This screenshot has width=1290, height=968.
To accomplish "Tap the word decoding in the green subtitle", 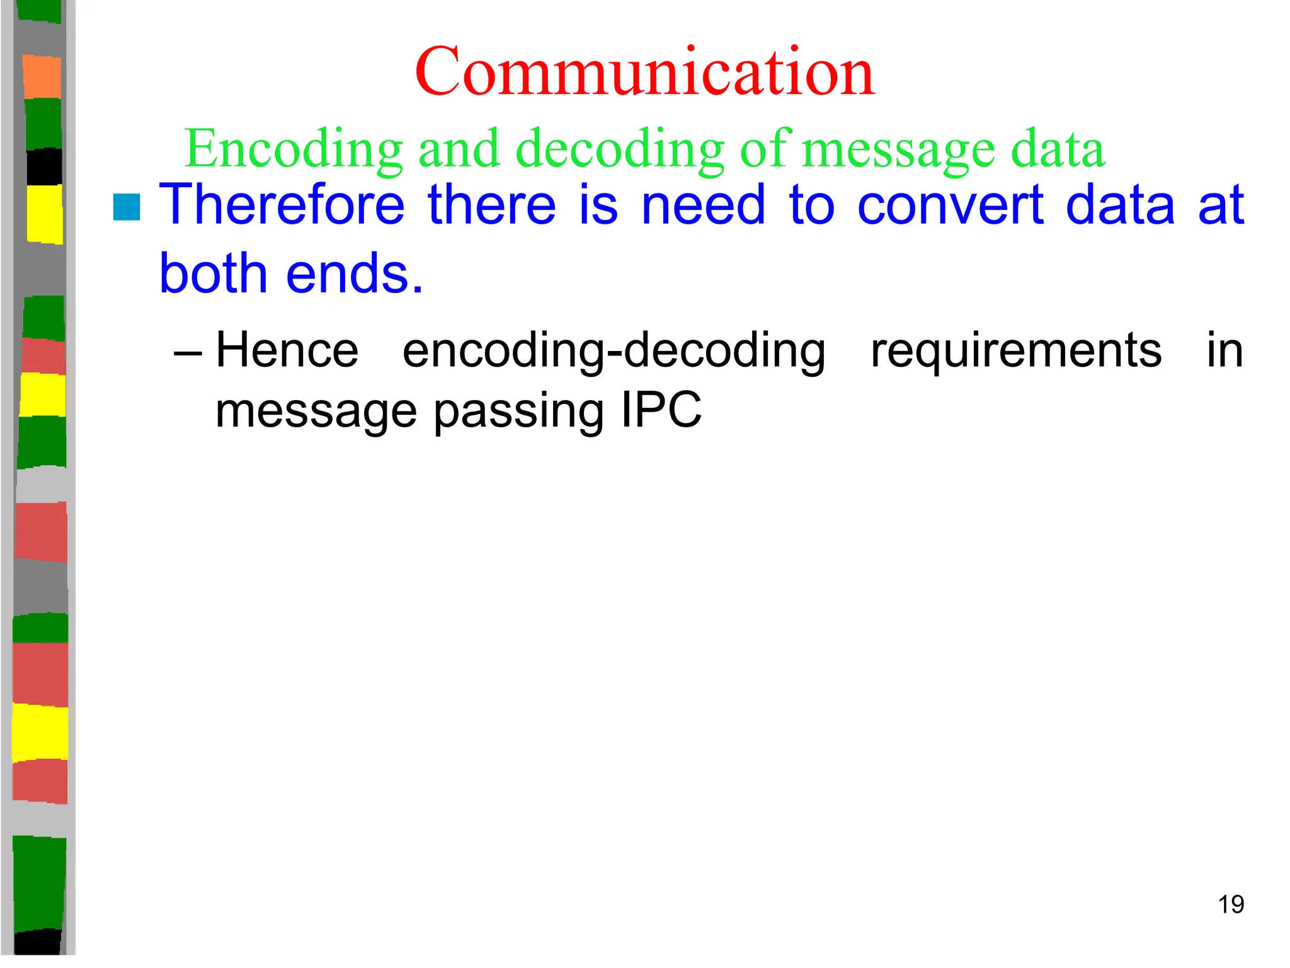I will (620, 149).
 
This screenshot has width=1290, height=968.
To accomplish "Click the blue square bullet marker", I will (127, 207).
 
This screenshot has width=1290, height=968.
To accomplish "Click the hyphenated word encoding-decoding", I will (614, 351).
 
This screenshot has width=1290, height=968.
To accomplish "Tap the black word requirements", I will (1015, 351).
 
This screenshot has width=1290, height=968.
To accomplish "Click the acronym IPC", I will (661, 410).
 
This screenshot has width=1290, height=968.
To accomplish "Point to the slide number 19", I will (1231, 904).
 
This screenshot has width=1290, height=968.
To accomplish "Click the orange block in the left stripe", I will (42, 77).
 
